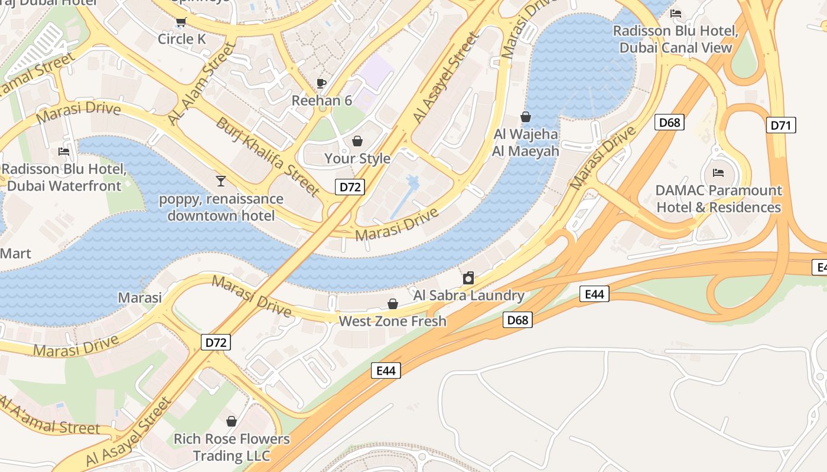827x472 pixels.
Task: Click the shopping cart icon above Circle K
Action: point(181,22)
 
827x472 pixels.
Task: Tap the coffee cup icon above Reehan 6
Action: point(321,83)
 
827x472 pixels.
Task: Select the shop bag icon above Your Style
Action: point(357,141)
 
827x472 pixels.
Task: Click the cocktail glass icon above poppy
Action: point(221,181)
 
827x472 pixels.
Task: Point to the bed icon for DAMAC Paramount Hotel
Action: point(718,172)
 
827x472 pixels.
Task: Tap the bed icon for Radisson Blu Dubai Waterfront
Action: point(64,152)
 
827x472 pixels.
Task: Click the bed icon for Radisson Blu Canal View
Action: point(676,13)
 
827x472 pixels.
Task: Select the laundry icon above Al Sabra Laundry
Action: point(468,278)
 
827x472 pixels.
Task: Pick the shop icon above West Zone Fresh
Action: point(392,304)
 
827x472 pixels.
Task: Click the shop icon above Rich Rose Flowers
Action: point(232,421)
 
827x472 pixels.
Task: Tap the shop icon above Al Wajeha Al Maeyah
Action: point(525,117)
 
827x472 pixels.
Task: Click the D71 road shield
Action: point(781,125)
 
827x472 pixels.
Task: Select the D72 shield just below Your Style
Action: point(350,187)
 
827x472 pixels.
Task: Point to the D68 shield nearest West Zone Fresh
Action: point(518,320)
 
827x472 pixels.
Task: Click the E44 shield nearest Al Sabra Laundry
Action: point(594,294)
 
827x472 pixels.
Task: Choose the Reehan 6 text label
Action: point(322,101)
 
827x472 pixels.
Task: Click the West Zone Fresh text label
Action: point(392,322)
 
